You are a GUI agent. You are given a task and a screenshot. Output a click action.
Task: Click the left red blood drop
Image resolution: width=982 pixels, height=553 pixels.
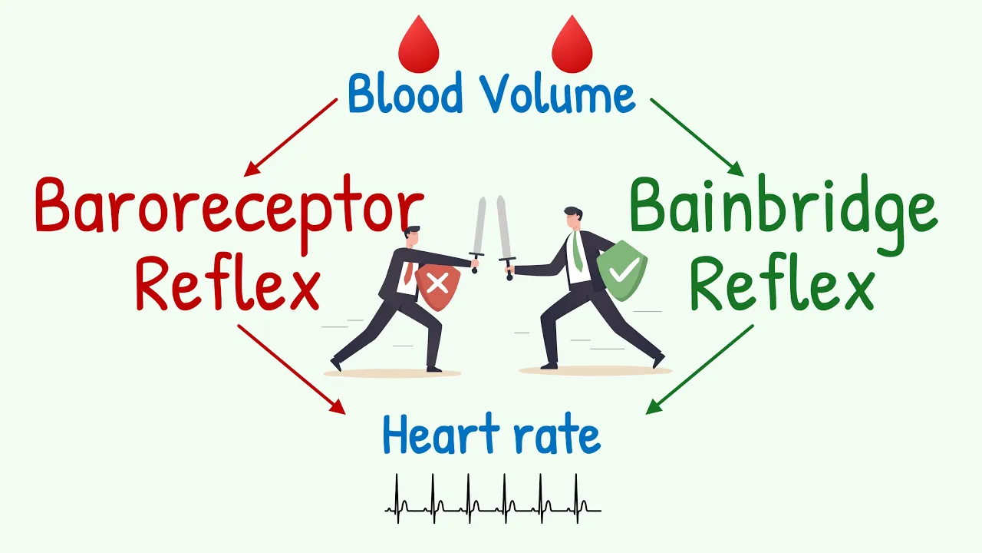pyautogui.click(x=418, y=46)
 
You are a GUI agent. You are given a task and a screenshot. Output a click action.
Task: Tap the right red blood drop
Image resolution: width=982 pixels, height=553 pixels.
pyautogui.click(x=572, y=46)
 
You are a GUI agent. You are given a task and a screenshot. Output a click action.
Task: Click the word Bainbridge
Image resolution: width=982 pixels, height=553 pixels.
pyautogui.click(x=783, y=206)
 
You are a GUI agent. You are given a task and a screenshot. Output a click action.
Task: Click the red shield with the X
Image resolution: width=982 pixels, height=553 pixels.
pyautogui.click(x=437, y=286)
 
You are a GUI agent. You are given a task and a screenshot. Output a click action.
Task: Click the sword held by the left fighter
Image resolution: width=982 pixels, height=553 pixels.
pyautogui.click(x=479, y=230)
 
